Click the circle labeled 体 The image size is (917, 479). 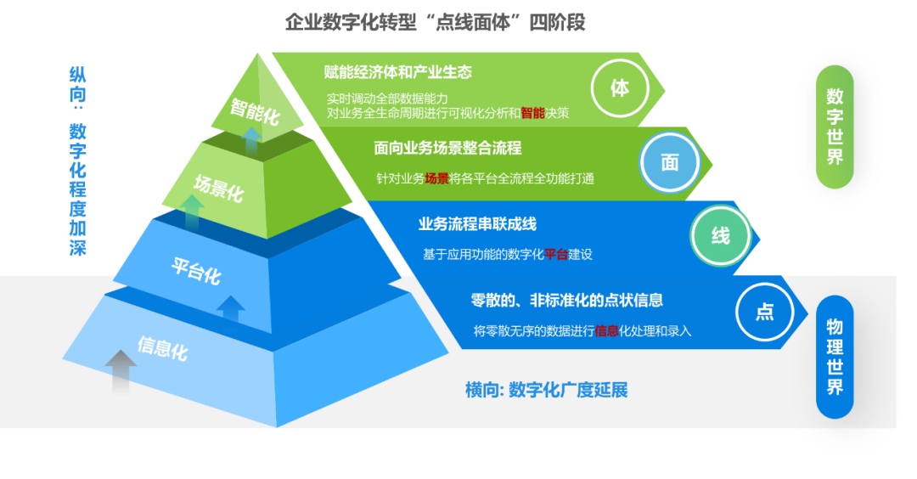(x=619, y=88)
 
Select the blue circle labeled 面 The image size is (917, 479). (x=669, y=162)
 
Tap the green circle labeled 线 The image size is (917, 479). (x=720, y=236)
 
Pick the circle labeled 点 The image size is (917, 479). (x=764, y=312)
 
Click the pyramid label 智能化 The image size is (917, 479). (x=255, y=111)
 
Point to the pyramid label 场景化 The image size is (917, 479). (x=219, y=189)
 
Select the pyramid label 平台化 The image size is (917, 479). (x=196, y=271)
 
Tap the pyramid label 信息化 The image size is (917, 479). (x=162, y=348)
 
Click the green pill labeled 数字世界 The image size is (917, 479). (x=835, y=127)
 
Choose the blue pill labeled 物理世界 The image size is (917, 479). (x=835, y=357)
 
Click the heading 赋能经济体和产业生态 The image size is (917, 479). (x=397, y=72)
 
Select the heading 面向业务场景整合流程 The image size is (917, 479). (x=447, y=148)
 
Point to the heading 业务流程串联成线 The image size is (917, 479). (x=477, y=224)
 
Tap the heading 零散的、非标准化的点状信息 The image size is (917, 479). (x=566, y=300)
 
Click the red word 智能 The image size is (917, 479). (x=532, y=113)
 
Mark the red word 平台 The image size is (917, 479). (x=555, y=255)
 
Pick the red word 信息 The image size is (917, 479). (x=606, y=331)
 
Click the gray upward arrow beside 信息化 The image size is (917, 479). (x=121, y=371)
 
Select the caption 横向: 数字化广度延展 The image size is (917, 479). (x=546, y=390)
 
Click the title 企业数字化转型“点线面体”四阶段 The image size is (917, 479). (x=435, y=22)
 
